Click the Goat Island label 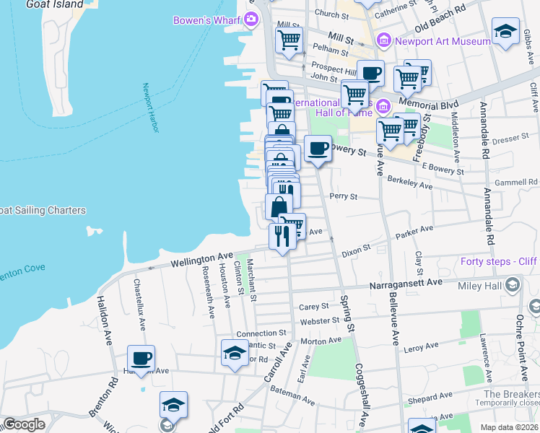pyautogui.click(x=55, y=4)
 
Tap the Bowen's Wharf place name pyautogui.click(x=206, y=20)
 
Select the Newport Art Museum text pyautogui.click(x=443, y=41)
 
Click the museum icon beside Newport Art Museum pyautogui.click(x=383, y=40)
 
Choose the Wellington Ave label pyautogui.click(x=201, y=258)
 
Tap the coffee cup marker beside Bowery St pyautogui.click(x=318, y=149)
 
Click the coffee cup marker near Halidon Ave pyautogui.click(x=141, y=358)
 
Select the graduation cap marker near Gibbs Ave pyautogui.click(x=505, y=32)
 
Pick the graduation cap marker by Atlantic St pyautogui.click(x=235, y=354)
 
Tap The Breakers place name pyautogui.click(x=511, y=394)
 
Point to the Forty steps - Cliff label pyautogui.click(x=499, y=262)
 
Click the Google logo pyautogui.click(x=24, y=424)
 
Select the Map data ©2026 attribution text pyautogui.click(x=508, y=427)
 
